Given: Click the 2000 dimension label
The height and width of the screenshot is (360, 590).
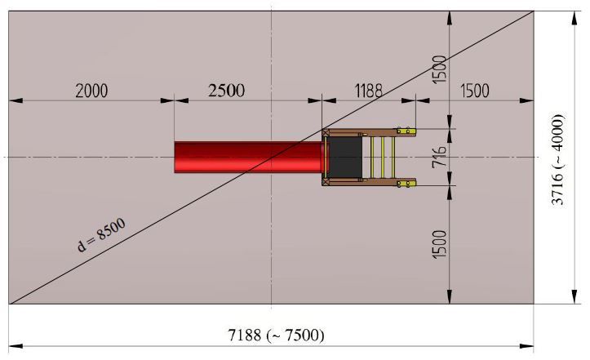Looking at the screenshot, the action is [x=91, y=91].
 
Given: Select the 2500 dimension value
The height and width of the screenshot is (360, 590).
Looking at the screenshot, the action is [x=227, y=91].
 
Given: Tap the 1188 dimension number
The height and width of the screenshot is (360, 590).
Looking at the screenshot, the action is [x=369, y=91].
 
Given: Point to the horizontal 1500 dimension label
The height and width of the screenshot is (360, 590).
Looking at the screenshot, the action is [x=475, y=91].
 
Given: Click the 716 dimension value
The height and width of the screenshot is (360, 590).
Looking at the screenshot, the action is [x=439, y=156].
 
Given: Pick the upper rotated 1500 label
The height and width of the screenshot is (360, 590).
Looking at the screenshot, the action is [x=439, y=69].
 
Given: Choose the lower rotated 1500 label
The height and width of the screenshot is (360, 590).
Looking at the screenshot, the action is [x=439, y=244].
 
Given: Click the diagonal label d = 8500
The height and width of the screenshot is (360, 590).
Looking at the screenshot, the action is [x=101, y=235].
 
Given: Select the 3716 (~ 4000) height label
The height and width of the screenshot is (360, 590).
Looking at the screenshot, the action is [x=557, y=159].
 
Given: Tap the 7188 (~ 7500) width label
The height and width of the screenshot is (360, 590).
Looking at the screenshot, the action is [x=276, y=335].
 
